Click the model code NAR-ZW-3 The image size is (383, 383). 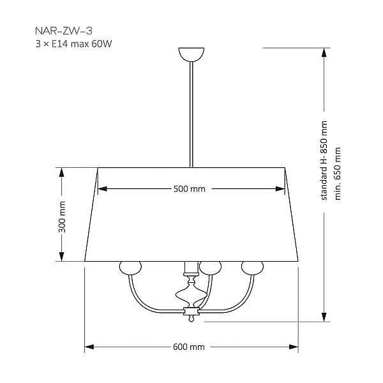point(64,31)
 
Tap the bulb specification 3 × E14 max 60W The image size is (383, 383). point(73,44)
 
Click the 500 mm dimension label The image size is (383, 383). point(190,189)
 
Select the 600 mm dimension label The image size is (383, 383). point(189,347)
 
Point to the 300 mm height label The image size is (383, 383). point(62,217)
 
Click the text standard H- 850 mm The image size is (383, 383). point(324,160)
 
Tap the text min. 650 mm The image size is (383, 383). point(337,174)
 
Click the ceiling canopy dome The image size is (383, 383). point(191,54)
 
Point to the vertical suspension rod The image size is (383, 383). point(191,114)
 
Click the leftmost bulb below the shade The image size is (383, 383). point(130,267)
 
